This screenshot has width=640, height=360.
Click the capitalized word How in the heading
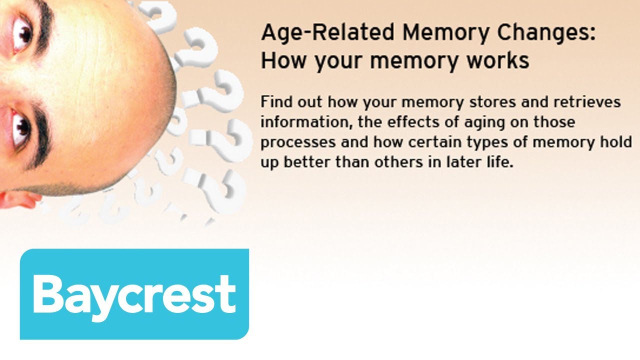[x=281, y=60]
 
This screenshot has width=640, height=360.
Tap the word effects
[x=385, y=122]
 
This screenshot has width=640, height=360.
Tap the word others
[x=398, y=162]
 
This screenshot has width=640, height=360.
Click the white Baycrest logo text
[x=134, y=294]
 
